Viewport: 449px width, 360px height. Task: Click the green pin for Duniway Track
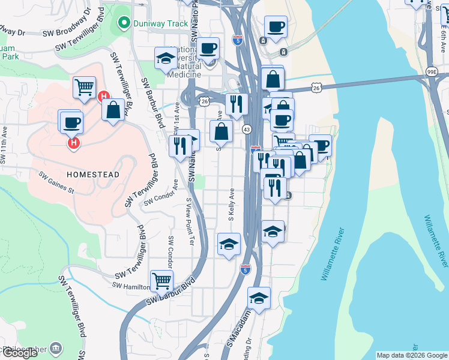coord(124,24)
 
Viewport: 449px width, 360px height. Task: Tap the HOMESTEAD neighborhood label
coord(92,174)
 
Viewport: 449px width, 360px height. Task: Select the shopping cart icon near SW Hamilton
coord(161,280)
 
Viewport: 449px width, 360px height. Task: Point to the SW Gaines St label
coord(56,183)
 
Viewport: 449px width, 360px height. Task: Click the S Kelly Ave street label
coord(231,205)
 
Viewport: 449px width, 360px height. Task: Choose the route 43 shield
coord(247,129)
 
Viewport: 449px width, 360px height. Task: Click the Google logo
coord(20,353)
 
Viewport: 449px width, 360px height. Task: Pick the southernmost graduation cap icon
coord(259,298)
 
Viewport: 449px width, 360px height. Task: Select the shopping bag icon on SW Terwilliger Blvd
coord(113,110)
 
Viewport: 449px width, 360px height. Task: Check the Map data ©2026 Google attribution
coord(411,355)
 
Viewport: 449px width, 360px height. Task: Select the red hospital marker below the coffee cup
coord(74,143)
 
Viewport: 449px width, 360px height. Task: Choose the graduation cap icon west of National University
coord(165,58)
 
